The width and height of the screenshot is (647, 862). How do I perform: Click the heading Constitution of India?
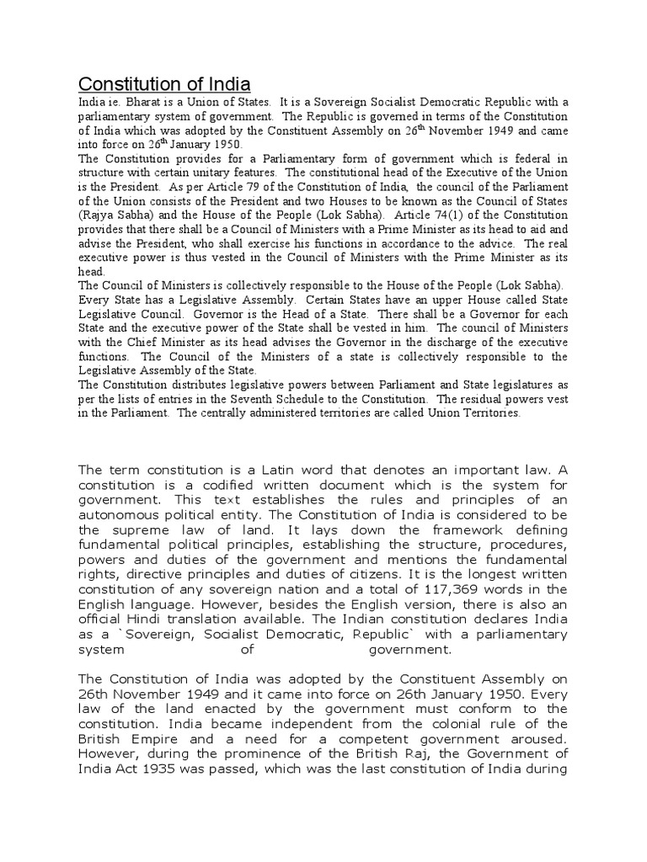[164, 84]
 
